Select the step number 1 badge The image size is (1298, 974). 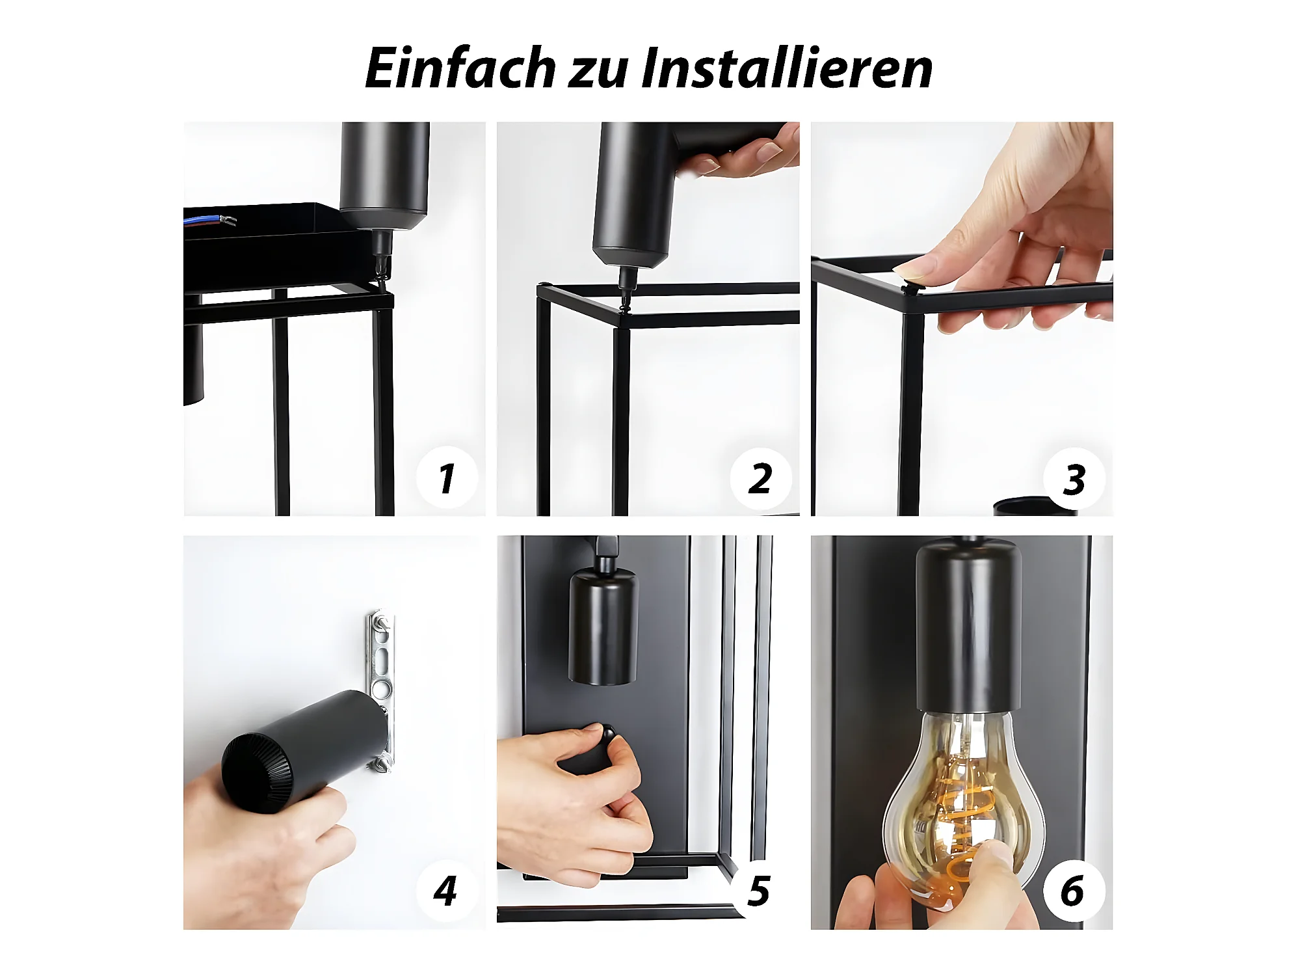[x=447, y=478]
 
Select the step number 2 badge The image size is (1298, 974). [x=760, y=478]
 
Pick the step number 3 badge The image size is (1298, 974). [x=1074, y=480]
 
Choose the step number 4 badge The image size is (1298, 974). [x=446, y=890]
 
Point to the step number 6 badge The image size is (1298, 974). [x=1073, y=890]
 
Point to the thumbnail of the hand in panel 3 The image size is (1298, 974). [x=909, y=268]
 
